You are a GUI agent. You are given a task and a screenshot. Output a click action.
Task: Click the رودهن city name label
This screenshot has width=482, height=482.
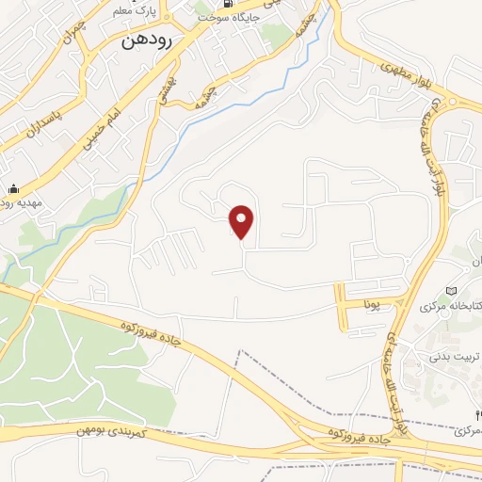[x=145, y=41]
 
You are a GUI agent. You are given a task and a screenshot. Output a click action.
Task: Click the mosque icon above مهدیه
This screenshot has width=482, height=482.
[x=13, y=187]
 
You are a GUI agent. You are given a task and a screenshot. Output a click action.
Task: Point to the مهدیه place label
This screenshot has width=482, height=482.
[x=14, y=202]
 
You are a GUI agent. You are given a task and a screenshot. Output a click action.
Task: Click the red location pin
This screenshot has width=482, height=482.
[x=243, y=222]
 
